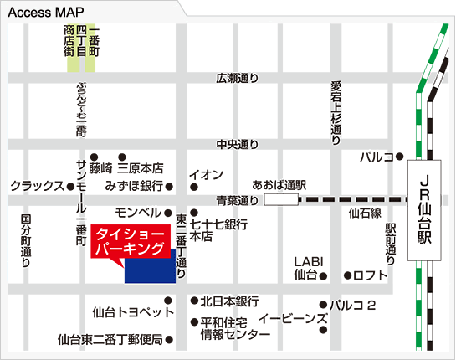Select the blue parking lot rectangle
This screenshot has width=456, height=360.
pyautogui.click(x=149, y=270)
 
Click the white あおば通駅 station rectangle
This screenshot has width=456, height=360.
pyautogui.click(x=280, y=199)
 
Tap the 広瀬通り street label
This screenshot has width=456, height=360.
pyautogui.click(x=237, y=79)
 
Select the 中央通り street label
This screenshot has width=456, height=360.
pyautogui.click(x=237, y=144)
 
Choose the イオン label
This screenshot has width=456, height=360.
pyautogui.click(x=206, y=174)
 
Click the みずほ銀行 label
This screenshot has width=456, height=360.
pyautogui.click(x=134, y=186)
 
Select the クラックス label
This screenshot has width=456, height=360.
pyautogui.click(x=38, y=186)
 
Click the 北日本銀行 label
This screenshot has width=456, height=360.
pyautogui.click(x=230, y=301)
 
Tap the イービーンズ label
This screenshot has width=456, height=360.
pyautogui.click(x=292, y=319)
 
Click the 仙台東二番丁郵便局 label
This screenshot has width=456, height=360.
pyautogui.click(x=110, y=340)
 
